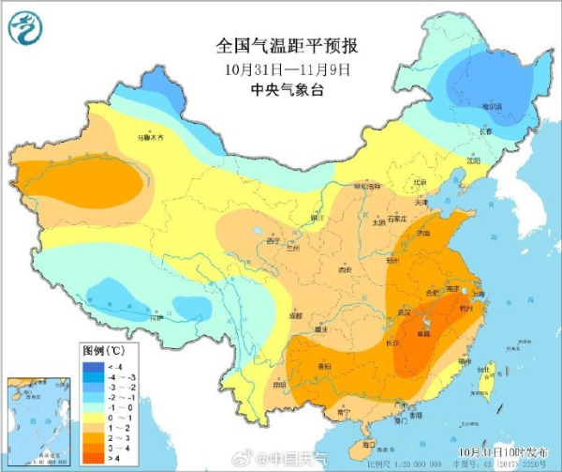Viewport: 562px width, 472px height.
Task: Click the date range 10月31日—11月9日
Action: (x=288, y=69)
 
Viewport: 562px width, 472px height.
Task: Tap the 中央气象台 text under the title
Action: (x=288, y=89)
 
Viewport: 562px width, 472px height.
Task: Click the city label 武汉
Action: (x=406, y=311)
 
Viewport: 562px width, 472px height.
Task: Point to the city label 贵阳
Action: (x=323, y=366)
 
